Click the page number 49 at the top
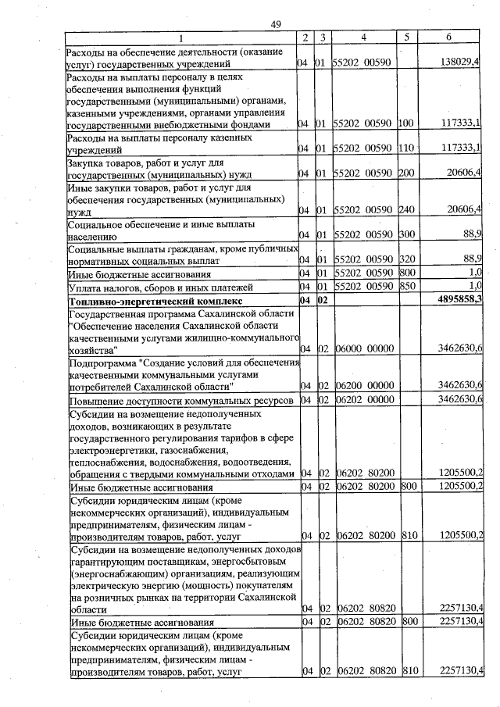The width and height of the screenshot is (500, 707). point(276,25)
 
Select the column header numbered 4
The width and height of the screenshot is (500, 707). point(364,37)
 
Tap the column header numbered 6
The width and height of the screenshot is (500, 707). point(448,37)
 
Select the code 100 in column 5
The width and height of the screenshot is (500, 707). point(405,123)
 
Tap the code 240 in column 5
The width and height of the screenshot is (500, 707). point(405,209)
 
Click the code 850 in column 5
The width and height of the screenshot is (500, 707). point(405,286)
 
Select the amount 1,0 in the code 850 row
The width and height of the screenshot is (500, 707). point(473,286)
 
